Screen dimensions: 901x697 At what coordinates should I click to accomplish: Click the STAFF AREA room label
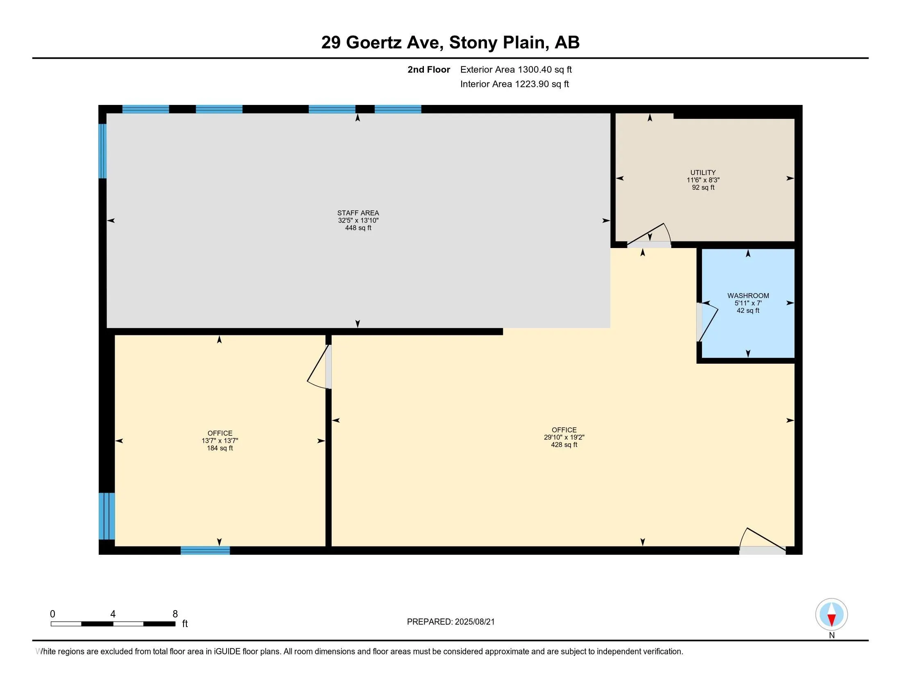click(358, 213)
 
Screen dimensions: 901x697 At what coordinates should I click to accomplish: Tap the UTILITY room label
click(703, 173)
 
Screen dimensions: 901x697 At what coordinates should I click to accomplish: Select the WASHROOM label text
click(748, 296)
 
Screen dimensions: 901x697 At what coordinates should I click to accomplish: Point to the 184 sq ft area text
click(220, 448)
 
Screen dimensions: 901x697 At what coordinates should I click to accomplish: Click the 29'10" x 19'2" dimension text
click(564, 437)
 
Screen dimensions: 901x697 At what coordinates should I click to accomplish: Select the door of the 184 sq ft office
click(319, 367)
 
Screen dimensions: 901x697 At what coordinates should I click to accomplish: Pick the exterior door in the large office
click(763, 541)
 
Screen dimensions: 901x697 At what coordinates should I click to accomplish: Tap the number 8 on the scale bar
click(175, 614)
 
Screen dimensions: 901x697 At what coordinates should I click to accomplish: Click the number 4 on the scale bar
click(113, 614)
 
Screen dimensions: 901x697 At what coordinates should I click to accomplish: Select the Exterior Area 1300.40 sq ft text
click(516, 70)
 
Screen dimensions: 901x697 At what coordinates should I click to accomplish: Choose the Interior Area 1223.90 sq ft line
click(514, 84)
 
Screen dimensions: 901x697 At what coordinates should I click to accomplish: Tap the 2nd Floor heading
click(429, 70)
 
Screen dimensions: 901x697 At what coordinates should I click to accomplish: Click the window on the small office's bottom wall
click(205, 550)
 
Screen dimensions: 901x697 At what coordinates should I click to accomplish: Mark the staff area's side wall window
click(103, 151)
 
